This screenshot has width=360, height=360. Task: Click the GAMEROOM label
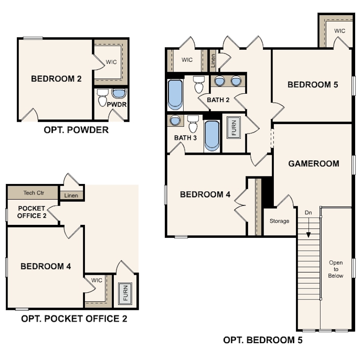coord(314,164)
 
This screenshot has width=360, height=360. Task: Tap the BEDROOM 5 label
coord(313,85)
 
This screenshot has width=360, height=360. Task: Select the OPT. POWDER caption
coord(76,130)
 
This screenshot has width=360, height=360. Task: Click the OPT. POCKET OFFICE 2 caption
coord(74,319)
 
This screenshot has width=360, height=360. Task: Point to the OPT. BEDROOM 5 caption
coord(263,340)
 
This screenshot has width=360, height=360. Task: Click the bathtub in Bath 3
coord(212,136)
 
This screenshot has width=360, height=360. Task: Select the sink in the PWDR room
coord(119,93)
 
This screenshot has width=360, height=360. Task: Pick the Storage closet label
coord(280,221)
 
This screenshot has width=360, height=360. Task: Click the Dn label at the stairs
coord(308,212)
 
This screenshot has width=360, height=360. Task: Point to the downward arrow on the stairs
coord(308,227)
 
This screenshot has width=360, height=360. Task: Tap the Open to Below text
coord(336,269)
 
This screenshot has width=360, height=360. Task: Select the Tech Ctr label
coord(34,193)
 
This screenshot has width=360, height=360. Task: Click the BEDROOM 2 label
coord(56,79)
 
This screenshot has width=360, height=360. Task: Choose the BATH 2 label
coord(218,100)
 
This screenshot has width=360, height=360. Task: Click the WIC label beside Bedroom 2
coord(111,62)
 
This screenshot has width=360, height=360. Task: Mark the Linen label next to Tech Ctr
coord(71,196)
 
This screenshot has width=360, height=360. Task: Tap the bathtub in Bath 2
coord(175,95)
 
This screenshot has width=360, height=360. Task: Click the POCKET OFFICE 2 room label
coord(32,212)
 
